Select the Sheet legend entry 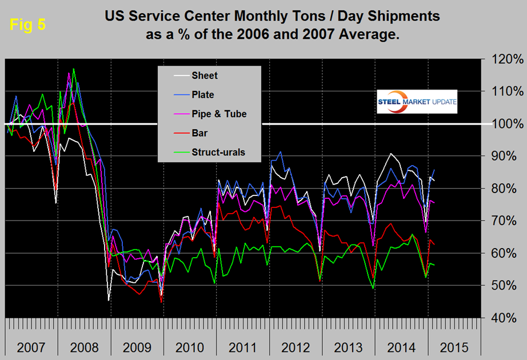click(x=205, y=75)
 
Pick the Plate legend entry click(x=203, y=94)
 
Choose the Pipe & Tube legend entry click(x=219, y=114)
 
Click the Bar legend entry click(x=201, y=133)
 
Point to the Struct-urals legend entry click(x=218, y=153)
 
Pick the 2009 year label click(x=137, y=347)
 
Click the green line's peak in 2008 click(x=73, y=69)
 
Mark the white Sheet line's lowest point click(x=109, y=300)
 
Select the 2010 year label click(x=189, y=347)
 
